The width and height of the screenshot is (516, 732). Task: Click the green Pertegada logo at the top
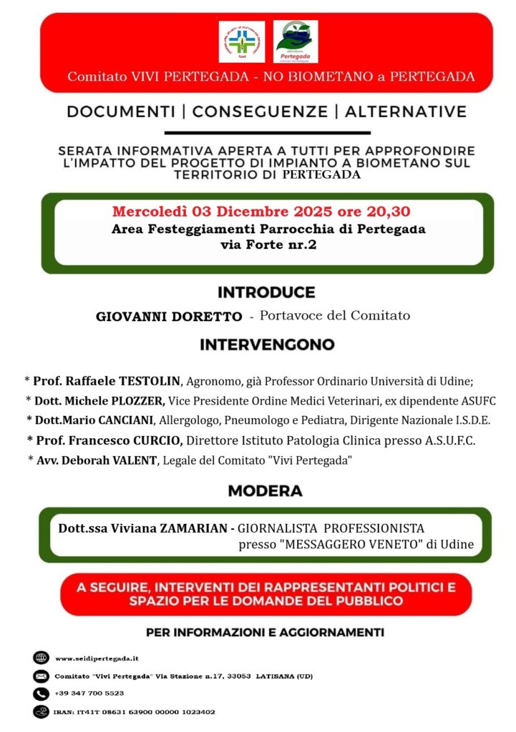click(x=296, y=41)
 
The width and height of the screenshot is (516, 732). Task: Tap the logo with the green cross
click(x=241, y=41)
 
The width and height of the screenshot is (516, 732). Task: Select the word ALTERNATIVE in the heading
click(x=405, y=112)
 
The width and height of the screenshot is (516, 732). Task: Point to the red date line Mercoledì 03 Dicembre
click(x=261, y=212)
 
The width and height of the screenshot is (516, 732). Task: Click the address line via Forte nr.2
click(x=268, y=245)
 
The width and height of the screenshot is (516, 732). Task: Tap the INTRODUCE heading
click(x=266, y=292)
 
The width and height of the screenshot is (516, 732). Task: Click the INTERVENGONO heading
click(x=267, y=345)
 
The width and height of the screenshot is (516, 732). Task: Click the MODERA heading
click(x=265, y=491)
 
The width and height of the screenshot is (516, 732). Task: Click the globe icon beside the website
click(x=40, y=658)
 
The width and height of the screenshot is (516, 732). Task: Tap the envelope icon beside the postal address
click(x=40, y=676)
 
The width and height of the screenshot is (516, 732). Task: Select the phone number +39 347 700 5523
click(x=89, y=693)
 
